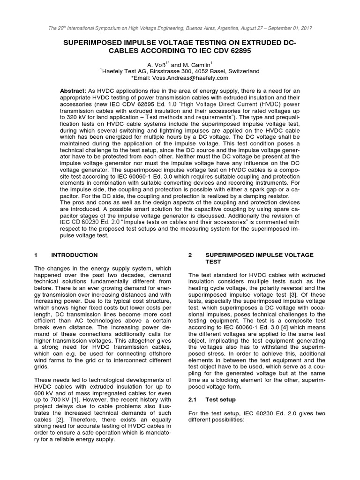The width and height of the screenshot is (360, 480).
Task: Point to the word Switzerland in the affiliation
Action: (241, 71)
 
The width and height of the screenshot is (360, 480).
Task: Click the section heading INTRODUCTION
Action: (75, 255)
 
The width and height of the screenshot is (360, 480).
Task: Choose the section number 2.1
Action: (193, 399)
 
